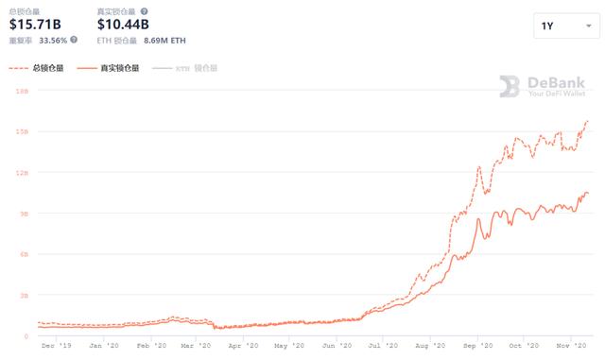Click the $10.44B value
pyautogui.click(x=123, y=24)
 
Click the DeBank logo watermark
pyautogui.click(x=543, y=86)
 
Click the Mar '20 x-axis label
pyautogui.click(x=198, y=346)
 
